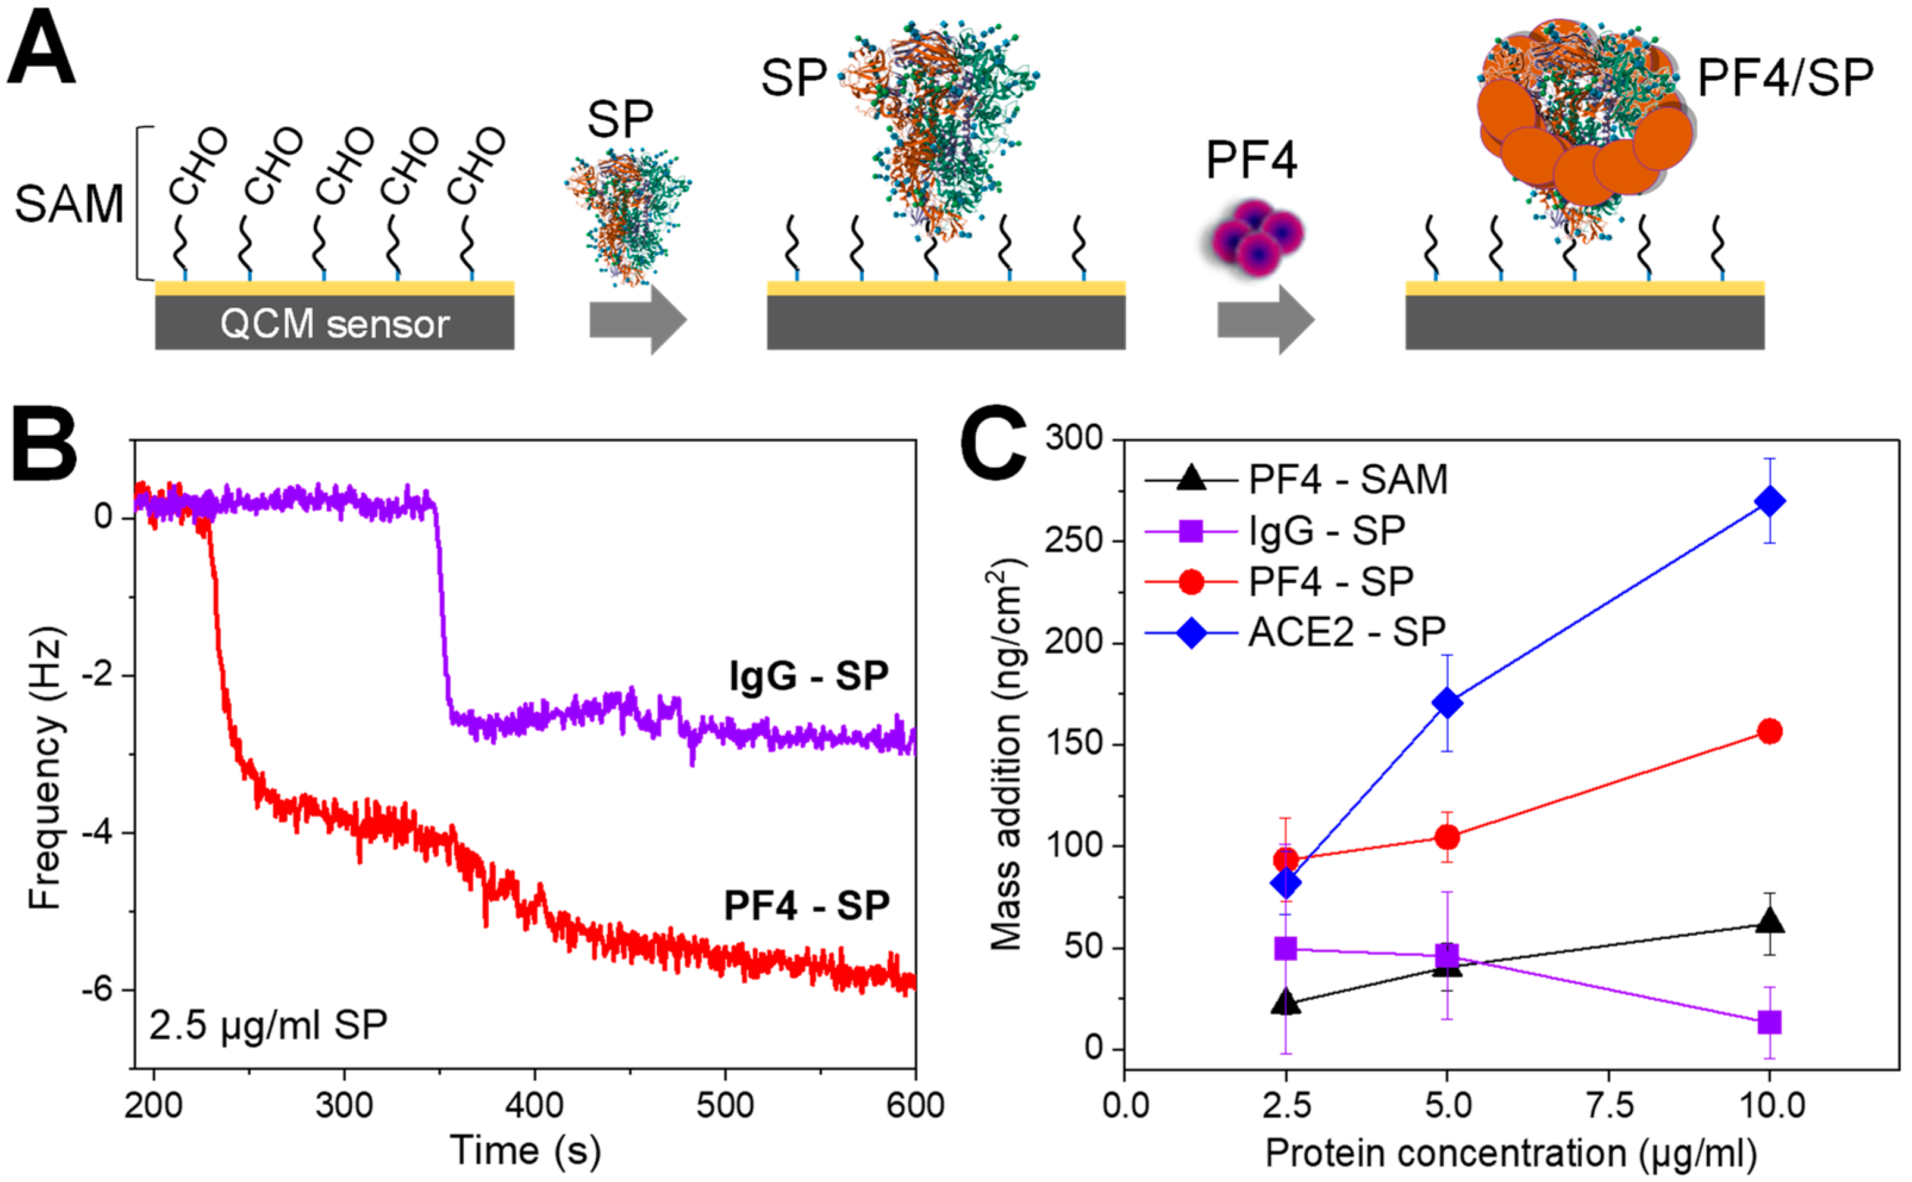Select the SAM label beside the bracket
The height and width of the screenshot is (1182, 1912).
pos(69,204)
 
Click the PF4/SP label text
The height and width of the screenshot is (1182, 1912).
pos(1785,78)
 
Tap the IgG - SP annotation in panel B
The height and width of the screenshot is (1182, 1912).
pos(808,676)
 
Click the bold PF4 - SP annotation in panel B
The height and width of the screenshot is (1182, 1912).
pos(807,906)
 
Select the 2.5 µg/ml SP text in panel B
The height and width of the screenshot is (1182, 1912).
pos(268,1025)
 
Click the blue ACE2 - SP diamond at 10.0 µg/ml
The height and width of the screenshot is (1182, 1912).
pos(1769,501)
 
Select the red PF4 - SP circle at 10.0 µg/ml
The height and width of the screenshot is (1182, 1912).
pos(1769,731)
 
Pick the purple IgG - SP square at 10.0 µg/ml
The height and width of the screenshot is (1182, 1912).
pos(1769,1022)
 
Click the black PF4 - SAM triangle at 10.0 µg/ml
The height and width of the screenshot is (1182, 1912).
pos(1769,923)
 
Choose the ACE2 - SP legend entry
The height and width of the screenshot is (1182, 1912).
pos(1346,631)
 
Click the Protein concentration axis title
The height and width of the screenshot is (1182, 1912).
pos(1511,1152)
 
